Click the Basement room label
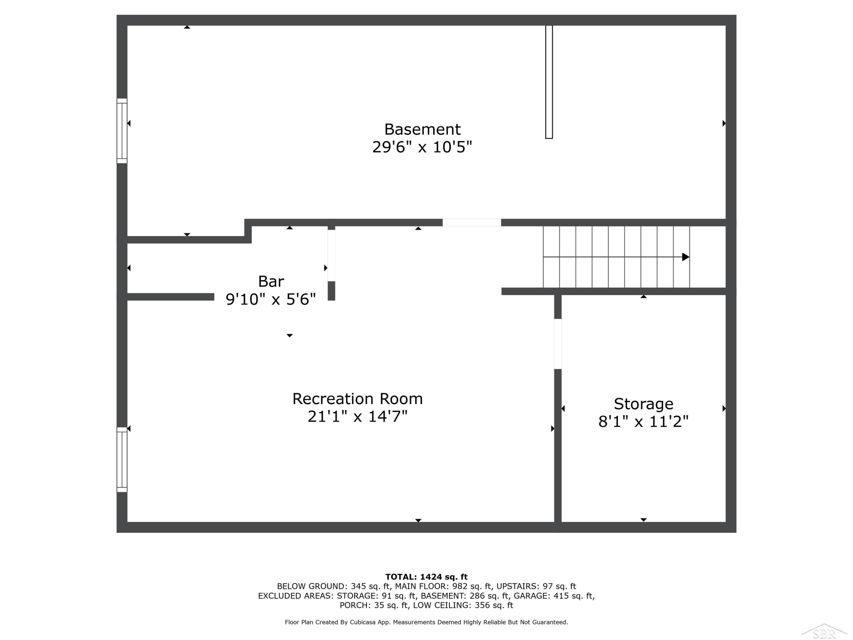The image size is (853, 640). pos(422,129)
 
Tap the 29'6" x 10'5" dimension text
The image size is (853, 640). pos(422,147)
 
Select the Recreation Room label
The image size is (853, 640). pos(357,399)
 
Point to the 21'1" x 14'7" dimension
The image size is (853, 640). pos(357,416)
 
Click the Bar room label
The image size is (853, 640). pos(271,282)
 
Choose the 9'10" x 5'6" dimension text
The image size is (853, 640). pos(271,299)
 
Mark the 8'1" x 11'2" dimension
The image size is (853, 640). pos(643,422)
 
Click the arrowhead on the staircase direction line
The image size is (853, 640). pos(686,257)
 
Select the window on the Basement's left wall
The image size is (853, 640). pos(122,131)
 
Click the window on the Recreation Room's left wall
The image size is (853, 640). pos(122,459)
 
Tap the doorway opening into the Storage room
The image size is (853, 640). pos(558,344)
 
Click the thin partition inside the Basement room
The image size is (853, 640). pos(549,82)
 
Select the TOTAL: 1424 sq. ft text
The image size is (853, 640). pos(426,577)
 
